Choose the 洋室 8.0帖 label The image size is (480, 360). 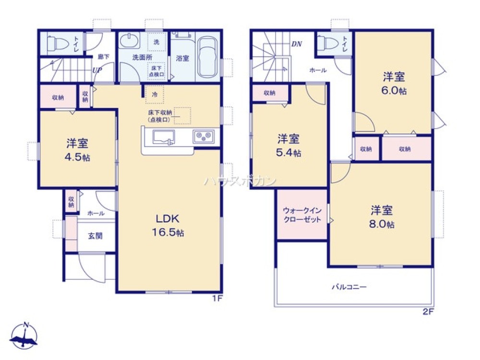coord(382,217)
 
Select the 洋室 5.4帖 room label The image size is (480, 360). coord(289,146)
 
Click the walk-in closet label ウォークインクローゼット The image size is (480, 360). coord(302,215)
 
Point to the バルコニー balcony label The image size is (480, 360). coord(350,287)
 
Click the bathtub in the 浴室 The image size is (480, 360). coord(207,58)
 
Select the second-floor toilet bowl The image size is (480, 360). coord(329,44)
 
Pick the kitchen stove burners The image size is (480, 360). coord(204,137)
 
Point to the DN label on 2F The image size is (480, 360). coord(297,44)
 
